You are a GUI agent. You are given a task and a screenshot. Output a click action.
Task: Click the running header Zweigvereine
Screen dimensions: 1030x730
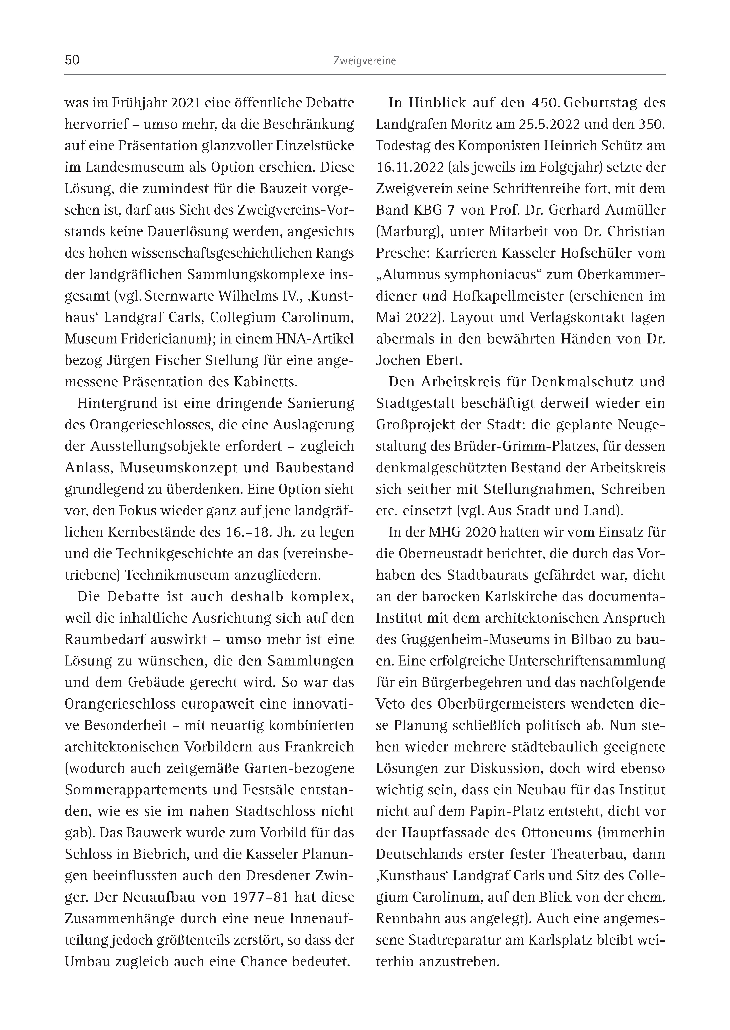click(365, 61)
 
